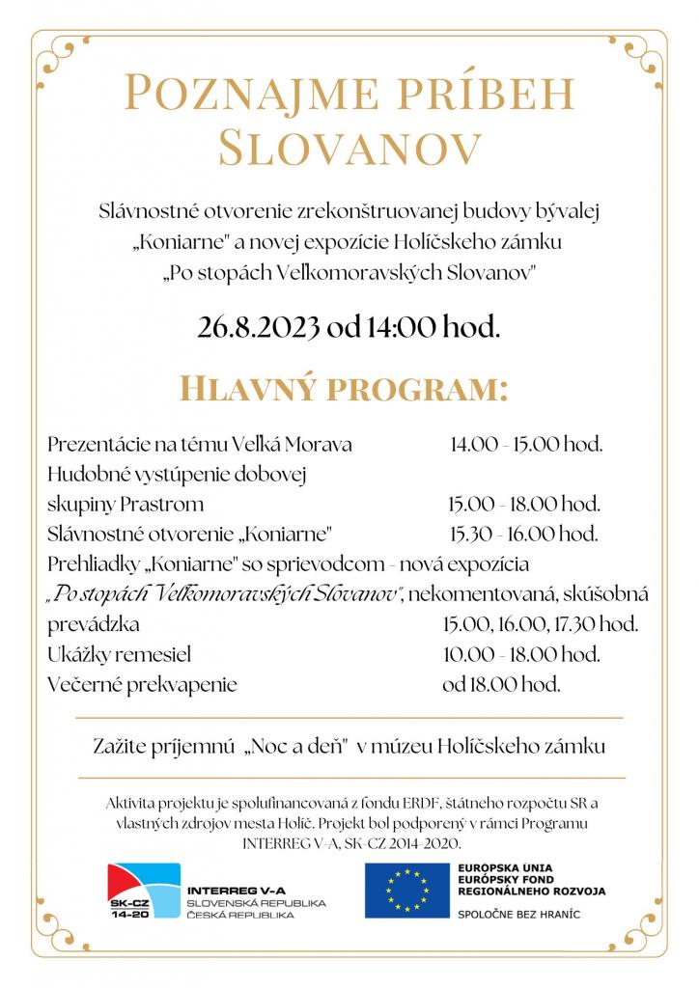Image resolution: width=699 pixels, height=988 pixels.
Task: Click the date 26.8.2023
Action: [259, 327]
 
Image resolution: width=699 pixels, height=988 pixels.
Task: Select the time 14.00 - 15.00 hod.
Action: [526, 445]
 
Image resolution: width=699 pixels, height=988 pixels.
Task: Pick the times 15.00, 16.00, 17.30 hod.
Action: [541, 624]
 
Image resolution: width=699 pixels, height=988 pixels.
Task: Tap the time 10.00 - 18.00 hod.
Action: [522, 655]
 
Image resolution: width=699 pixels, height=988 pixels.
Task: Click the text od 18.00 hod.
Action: [501, 685]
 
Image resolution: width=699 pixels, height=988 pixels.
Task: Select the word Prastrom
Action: [168, 504]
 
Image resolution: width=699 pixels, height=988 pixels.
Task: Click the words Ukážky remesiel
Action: [119, 655]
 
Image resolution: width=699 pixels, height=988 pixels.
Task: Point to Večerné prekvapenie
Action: [142, 685]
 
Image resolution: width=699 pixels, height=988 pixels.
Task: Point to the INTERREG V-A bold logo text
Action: [236, 889]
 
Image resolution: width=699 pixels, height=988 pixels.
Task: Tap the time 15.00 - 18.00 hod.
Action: [524, 504]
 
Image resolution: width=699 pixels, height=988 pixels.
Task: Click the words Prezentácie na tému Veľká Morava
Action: [199, 445]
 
